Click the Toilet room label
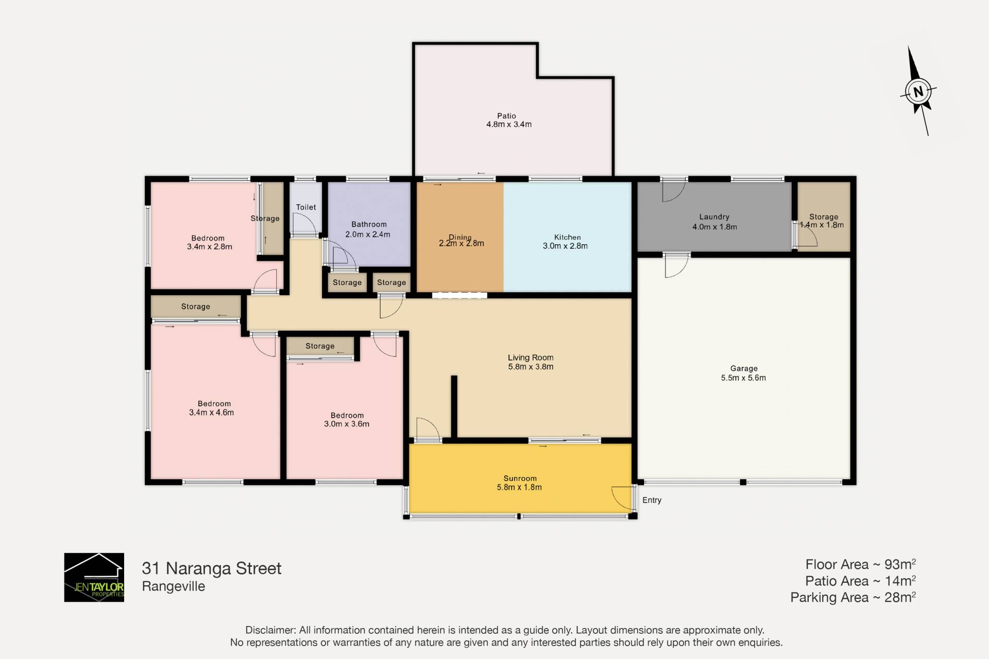coord(306,207)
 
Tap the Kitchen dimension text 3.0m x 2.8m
coord(565,246)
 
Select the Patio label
coord(506,116)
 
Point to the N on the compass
coord(918,92)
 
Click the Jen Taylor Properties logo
coord(94,577)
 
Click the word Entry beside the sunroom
coord(652,500)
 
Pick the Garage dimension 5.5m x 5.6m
coord(743,378)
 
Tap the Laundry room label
coord(714,217)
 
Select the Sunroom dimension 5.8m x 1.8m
coord(519,487)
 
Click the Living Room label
coord(531,358)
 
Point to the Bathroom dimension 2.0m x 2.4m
coord(368,234)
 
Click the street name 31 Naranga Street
coord(212,568)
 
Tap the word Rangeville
coord(174,586)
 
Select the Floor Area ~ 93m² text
coord(861,564)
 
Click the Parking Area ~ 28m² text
coord(853,597)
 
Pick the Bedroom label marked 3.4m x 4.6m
coord(214,404)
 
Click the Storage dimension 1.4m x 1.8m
coord(822,225)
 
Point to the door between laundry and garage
coord(676,265)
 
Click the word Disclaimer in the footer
coord(270,630)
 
